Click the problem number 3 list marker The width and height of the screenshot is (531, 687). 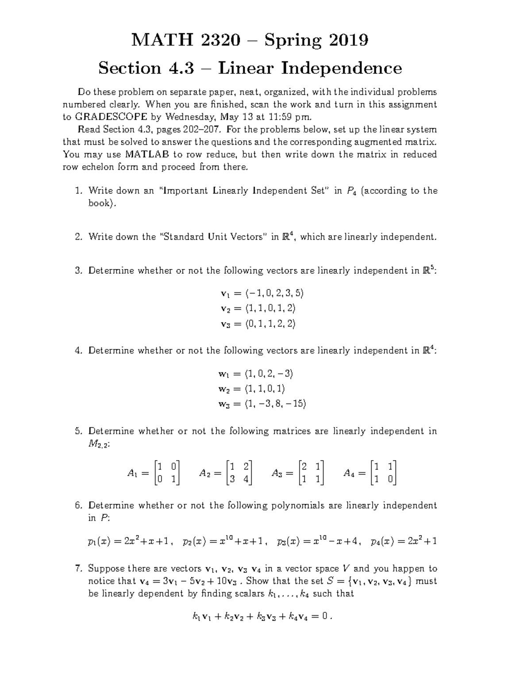click(x=78, y=271)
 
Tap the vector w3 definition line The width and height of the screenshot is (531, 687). click(x=262, y=404)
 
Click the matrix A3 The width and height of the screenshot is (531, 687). click(x=298, y=473)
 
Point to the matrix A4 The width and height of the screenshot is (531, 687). click(x=370, y=473)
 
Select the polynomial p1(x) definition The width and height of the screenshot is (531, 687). click(x=129, y=541)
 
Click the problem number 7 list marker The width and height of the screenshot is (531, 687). click(x=78, y=569)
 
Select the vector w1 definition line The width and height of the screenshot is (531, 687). click(x=256, y=374)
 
